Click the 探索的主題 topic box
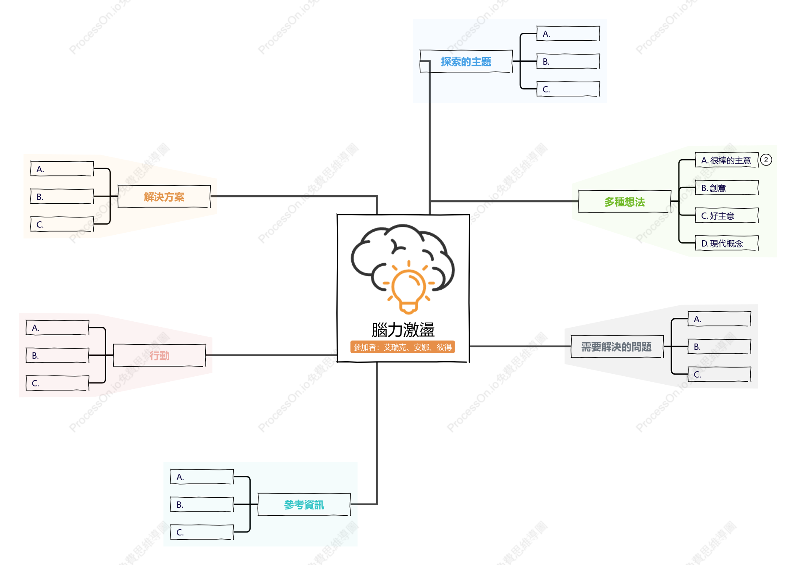(x=466, y=61)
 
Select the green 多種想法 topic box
(x=625, y=202)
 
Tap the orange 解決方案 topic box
(x=164, y=197)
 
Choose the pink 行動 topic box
(x=160, y=355)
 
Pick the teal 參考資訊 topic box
(x=304, y=504)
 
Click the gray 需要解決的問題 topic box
(x=617, y=346)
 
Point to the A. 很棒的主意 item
(x=727, y=160)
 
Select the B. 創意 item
(x=727, y=188)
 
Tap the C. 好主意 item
(x=727, y=215)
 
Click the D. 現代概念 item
(x=727, y=243)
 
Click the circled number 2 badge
(x=766, y=160)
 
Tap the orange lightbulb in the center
(x=408, y=287)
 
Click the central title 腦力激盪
(x=403, y=330)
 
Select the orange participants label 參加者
(x=403, y=347)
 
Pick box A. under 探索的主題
(x=568, y=34)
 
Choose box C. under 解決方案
(x=62, y=224)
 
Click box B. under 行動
(x=58, y=355)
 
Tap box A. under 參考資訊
(x=202, y=477)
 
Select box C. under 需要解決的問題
(x=719, y=374)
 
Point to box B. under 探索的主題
(x=568, y=61)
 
